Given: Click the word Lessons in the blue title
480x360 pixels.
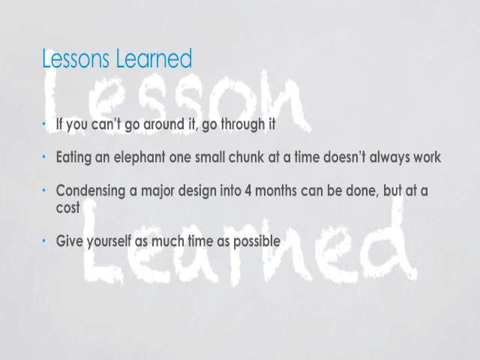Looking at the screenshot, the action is point(76,58).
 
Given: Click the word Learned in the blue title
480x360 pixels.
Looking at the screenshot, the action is point(154,58).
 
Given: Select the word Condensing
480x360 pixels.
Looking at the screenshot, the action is point(91,191).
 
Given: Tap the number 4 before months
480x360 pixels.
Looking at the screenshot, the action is point(248,191).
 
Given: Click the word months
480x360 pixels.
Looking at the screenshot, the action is point(276,190).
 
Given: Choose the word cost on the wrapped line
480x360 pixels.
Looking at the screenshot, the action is point(67,208).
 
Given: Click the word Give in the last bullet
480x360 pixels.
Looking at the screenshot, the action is point(69,241).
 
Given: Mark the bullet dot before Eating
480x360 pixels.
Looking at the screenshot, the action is point(44,157).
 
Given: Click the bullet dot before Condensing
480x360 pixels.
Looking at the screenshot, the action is point(44,190).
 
